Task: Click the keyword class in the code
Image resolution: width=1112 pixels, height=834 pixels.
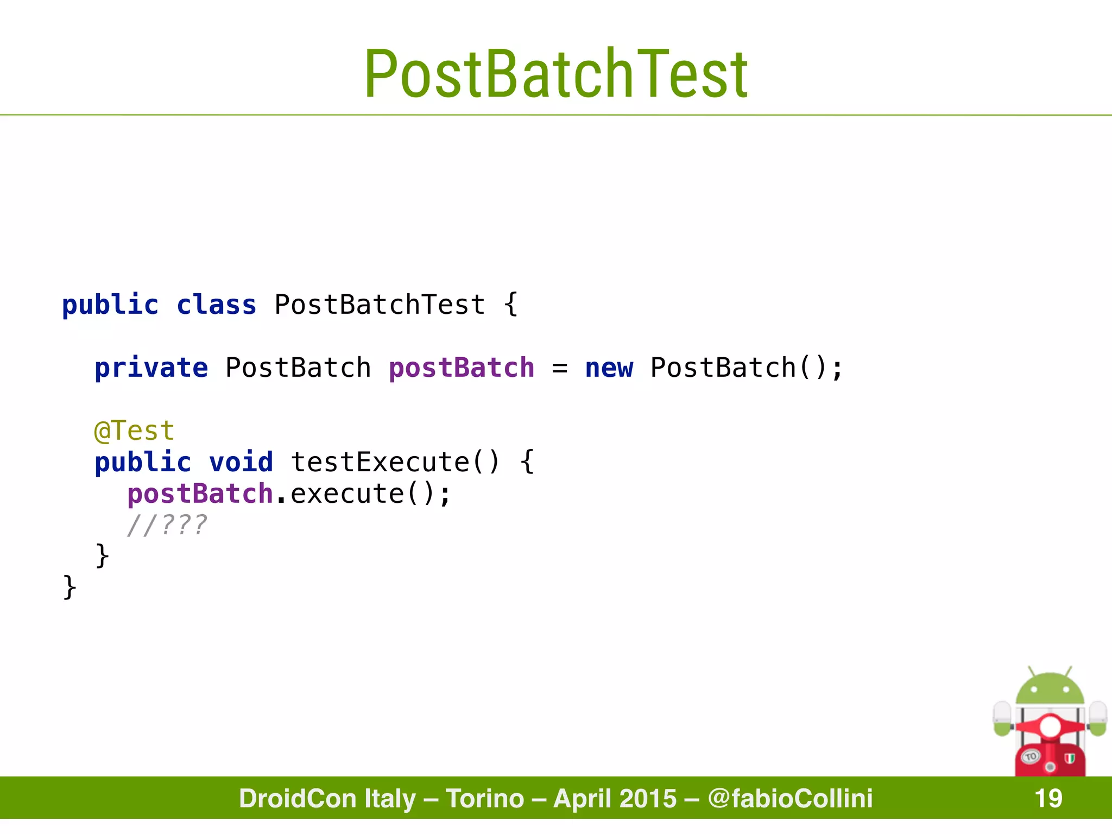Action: click(x=216, y=305)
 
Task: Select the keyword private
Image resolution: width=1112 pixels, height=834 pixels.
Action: click(x=151, y=368)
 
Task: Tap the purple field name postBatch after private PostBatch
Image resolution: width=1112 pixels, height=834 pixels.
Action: click(x=462, y=368)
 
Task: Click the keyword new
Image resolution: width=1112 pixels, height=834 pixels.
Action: click(x=609, y=368)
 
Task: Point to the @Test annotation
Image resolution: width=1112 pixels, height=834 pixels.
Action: click(x=134, y=431)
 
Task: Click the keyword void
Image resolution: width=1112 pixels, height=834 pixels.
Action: click(x=241, y=463)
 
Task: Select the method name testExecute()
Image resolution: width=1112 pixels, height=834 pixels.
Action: click(x=395, y=463)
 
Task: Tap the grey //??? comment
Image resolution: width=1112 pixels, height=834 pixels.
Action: click(x=167, y=526)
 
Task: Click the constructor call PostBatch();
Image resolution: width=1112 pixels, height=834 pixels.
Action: click(x=746, y=368)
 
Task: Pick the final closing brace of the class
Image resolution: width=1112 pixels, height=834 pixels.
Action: click(x=69, y=587)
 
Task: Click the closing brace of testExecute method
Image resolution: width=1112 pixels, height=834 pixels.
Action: click(x=102, y=556)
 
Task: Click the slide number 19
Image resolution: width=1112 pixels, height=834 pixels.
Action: click(x=1048, y=799)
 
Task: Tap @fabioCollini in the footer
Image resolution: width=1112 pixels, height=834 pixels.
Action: click(x=790, y=799)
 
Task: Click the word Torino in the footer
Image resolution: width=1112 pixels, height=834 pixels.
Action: click(x=485, y=799)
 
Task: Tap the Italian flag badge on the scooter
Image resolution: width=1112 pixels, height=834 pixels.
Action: click(x=1070, y=759)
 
